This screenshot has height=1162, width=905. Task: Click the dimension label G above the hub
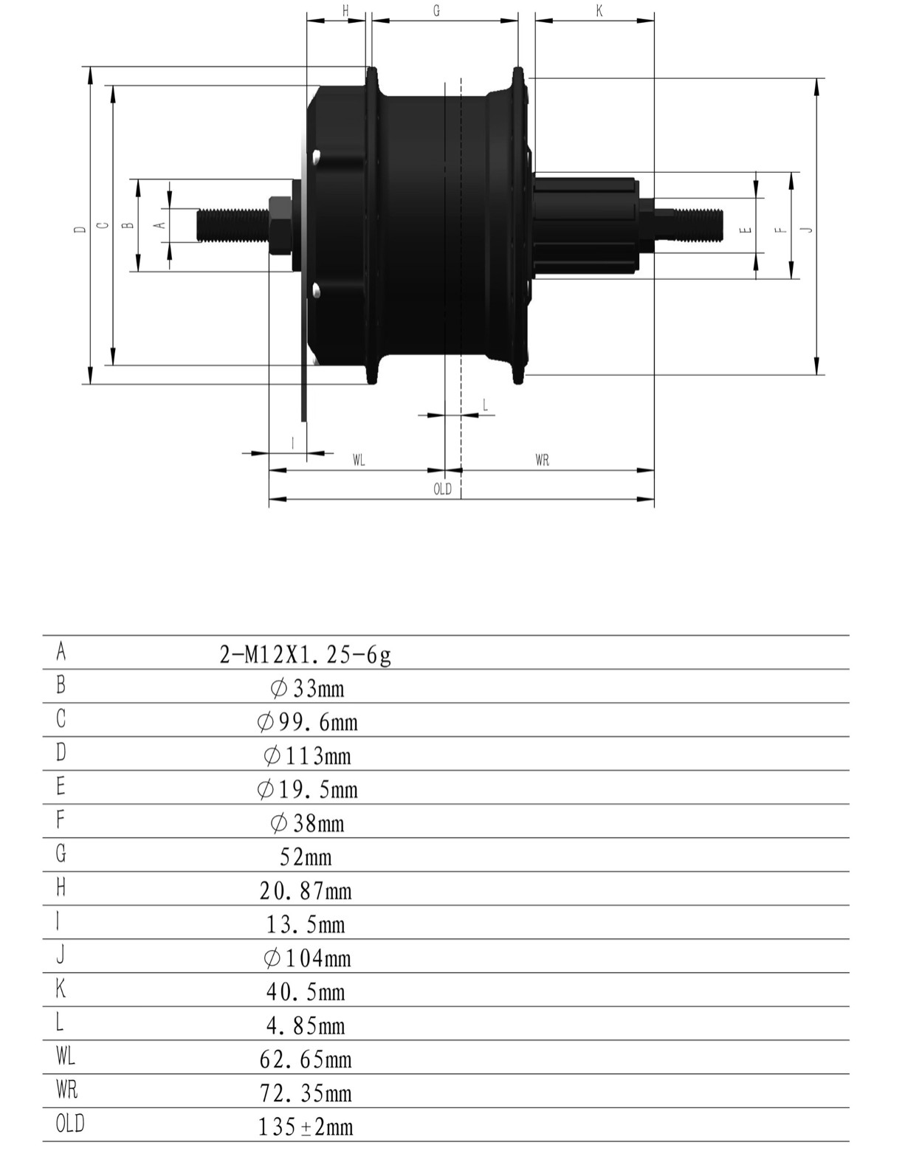(436, 10)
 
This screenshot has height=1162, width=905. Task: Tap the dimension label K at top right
(599, 10)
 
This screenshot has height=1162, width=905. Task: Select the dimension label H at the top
(345, 10)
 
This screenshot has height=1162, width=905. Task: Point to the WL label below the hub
(359, 460)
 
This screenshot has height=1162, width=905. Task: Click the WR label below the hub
(542, 460)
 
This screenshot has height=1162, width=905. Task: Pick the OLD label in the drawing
(442, 489)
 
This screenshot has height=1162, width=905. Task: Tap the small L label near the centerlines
(486, 405)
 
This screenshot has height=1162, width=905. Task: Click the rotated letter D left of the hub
(80, 230)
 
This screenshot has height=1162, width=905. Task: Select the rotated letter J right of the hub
(809, 230)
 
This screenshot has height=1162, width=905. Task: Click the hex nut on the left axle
(280, 225)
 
